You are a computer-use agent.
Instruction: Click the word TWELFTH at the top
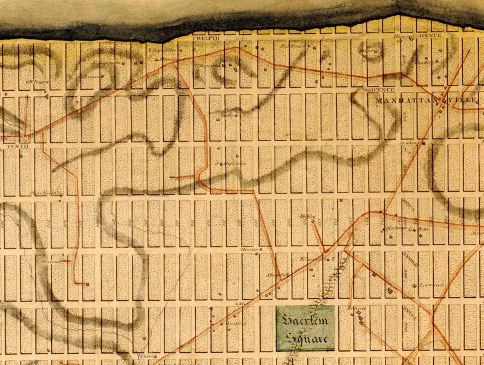point(204,39)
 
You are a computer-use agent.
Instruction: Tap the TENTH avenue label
point(13,146)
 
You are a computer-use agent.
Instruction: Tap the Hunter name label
point(249,249)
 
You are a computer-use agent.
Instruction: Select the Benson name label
point(356,309)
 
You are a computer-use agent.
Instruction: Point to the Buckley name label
point(423,62)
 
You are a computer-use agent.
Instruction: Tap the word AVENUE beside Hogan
point(430,36)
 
